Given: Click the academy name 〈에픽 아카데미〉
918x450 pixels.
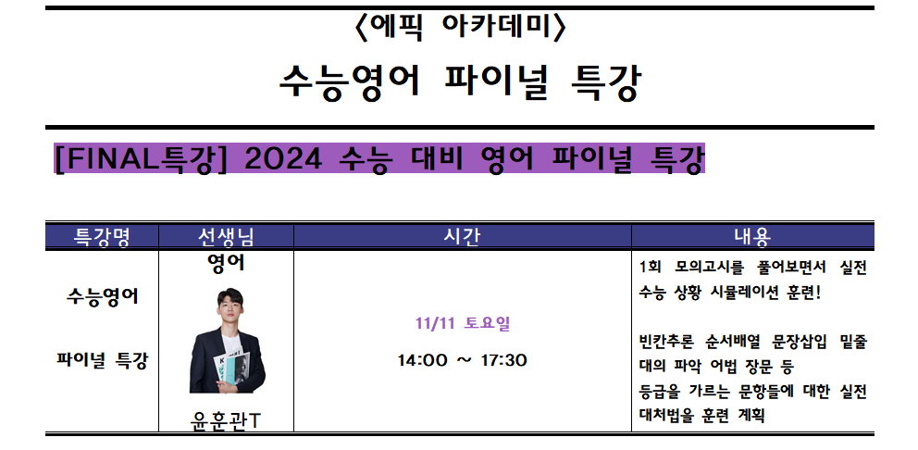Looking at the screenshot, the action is [x=460, y=28].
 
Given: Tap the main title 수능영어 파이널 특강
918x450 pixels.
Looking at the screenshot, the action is [x=460, y=83].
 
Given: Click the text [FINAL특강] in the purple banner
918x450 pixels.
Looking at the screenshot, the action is [x=141, y=158].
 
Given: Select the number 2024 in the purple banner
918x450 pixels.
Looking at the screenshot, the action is [x=283, y=158].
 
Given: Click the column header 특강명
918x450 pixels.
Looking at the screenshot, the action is [x=102, y=237].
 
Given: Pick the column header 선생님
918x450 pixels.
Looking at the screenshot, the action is [x=226, y=237].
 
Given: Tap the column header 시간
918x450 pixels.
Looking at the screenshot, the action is [x=462, y=237].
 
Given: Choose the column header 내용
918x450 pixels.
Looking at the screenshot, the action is [x=752, y=237].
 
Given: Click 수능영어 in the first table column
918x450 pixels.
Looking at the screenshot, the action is [x=103, y=296].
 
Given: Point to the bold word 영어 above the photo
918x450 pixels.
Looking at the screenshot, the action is [x=226, y=264].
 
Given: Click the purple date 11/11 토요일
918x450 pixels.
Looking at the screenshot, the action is [x=463, y=323].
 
